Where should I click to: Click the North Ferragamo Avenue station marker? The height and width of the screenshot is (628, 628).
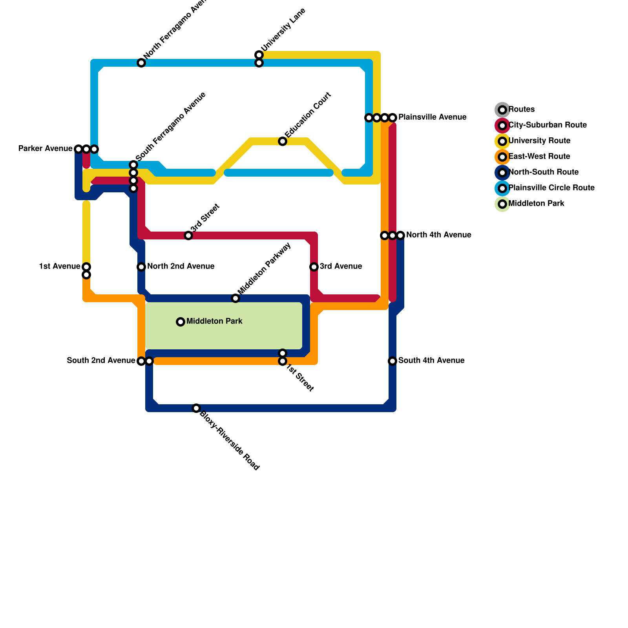141,63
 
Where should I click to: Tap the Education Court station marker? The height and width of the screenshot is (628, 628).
283,141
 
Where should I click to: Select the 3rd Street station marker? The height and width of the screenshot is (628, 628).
188,235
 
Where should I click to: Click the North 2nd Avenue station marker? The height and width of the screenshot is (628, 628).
141,267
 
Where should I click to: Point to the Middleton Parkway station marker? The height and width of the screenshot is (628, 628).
235,298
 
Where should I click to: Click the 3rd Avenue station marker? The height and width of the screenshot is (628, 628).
314,267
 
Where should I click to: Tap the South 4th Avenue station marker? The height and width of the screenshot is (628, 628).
392,361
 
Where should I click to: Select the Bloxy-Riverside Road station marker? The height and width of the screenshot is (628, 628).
196,408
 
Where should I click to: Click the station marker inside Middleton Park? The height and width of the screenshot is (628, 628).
181,322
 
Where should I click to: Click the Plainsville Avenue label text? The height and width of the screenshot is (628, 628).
432,117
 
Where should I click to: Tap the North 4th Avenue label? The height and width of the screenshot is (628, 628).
438,235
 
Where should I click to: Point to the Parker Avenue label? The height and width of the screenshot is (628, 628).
46,149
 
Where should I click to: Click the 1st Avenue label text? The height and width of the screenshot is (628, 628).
60,267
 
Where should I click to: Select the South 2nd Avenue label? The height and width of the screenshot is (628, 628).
101,361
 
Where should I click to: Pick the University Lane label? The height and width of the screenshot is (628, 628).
283,29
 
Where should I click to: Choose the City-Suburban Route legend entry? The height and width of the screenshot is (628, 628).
547,125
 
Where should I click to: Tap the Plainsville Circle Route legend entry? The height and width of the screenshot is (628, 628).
551,188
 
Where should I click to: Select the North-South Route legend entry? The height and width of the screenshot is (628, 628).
543,172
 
